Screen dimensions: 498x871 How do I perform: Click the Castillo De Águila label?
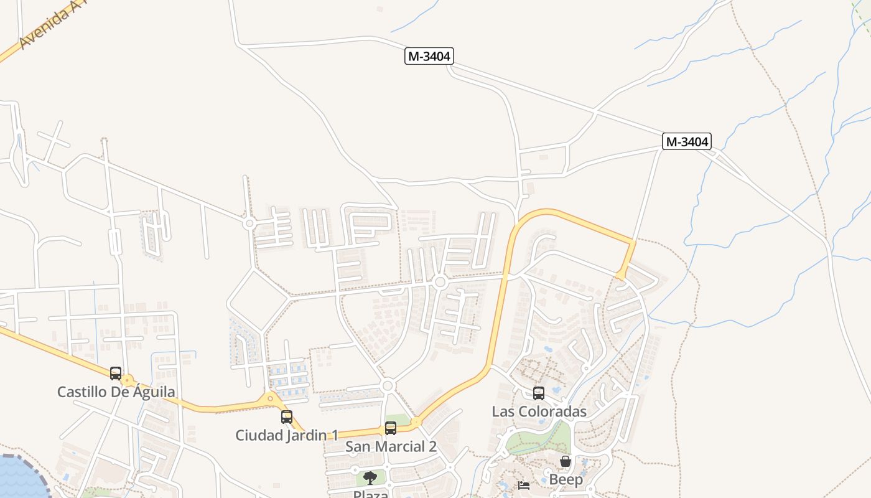(116, 392)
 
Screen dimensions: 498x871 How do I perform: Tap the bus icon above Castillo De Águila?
(116, 374)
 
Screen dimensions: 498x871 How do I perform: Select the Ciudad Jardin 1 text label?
(286, 435)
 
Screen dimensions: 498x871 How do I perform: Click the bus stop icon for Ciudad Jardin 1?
(287, 416)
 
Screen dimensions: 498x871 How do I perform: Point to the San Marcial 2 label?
(391, 446)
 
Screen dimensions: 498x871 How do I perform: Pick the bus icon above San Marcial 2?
(391, 428)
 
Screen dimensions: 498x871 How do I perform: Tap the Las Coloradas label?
(539, 411)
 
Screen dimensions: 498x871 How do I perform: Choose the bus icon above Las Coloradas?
(539, 393)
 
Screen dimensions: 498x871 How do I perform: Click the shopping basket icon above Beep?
(566, 461)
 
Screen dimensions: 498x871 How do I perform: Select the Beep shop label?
(566, 479)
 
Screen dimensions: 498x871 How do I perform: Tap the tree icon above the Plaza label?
(370, 478)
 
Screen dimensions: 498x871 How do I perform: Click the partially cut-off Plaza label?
(371, 494)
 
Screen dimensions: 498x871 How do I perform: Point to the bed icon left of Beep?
(524, 485)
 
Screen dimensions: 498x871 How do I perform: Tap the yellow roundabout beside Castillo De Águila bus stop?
(128, 380)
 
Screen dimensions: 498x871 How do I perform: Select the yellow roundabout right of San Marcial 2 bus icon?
(416, 422)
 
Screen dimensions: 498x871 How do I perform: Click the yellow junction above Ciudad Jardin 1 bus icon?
(270, 398)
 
